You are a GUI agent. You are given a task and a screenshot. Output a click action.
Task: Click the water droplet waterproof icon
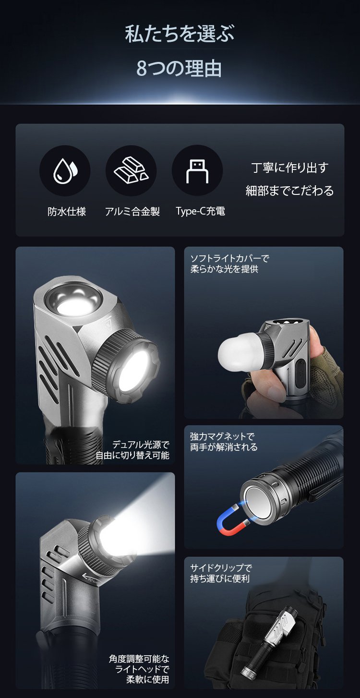65,170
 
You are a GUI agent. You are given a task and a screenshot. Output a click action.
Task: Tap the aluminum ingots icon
131,170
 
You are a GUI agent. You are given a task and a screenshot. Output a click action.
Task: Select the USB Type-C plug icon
197,171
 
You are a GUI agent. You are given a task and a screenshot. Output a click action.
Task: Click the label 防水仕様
67,211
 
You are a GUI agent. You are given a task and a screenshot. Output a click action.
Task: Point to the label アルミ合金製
132,211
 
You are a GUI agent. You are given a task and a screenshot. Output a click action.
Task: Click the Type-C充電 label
200,211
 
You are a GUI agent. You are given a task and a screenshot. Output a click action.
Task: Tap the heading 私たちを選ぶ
180,35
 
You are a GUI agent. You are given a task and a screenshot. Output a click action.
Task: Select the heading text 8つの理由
180,69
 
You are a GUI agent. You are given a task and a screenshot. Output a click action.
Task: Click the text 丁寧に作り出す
289,168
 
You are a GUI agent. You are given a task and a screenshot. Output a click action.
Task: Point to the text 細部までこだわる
289,191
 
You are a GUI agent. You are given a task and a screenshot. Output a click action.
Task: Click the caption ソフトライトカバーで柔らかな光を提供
230,264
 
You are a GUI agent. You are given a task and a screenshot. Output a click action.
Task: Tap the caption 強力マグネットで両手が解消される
224,442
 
